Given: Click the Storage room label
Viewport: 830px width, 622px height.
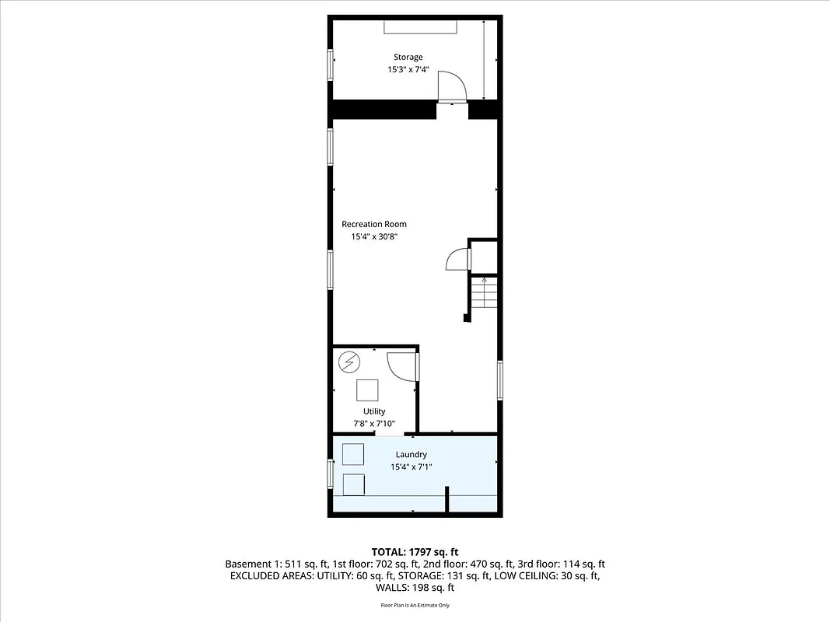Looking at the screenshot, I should [x=408, y=57].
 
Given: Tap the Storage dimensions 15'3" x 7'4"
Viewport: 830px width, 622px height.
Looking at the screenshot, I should [x=408, y=69].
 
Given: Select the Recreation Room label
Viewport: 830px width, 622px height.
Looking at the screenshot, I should [x=373, y=224].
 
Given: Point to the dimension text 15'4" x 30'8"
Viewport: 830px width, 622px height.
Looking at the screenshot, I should [x=374, y=236].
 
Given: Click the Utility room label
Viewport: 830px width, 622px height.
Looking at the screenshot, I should [x=374, y=411].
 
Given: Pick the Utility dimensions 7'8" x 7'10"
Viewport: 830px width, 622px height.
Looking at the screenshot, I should [x=374, y=424].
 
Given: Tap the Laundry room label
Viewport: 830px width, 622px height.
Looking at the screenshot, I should [x=411, y=454].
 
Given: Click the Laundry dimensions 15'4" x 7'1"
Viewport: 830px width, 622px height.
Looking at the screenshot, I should [x=411, y=466].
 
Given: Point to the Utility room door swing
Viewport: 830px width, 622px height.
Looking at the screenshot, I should [x=401, y=365].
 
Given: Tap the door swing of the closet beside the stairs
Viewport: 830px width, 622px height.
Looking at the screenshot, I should [x=457, y=258].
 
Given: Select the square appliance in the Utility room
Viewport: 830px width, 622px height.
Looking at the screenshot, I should [x=368, y=389].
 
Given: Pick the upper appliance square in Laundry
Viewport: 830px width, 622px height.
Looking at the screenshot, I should [x=354, y=454].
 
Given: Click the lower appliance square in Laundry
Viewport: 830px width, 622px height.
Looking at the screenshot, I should [x=354, y=484].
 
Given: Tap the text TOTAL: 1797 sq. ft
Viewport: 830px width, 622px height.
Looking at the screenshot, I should [x=415, y=551].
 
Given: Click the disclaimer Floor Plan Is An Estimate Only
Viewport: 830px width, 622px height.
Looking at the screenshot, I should [x=415, y=604].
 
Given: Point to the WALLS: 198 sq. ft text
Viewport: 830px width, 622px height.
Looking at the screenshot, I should [x=415, y=588].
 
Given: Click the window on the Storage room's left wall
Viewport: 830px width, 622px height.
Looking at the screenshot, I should [x=331, y=65].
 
